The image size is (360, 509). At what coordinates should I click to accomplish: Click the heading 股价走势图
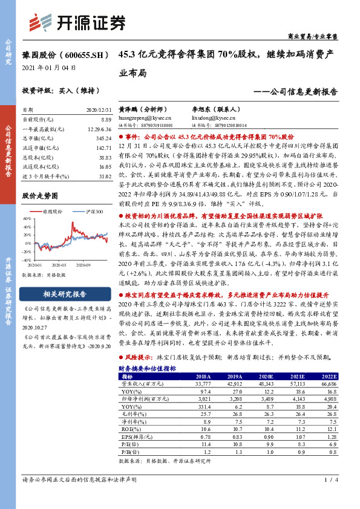coord(40,196)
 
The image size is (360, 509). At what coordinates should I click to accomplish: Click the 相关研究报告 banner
coord(64,294)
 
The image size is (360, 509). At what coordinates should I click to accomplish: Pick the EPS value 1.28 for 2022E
coord(330,436)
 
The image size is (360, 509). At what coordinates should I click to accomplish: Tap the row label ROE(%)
coord(128,429)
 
